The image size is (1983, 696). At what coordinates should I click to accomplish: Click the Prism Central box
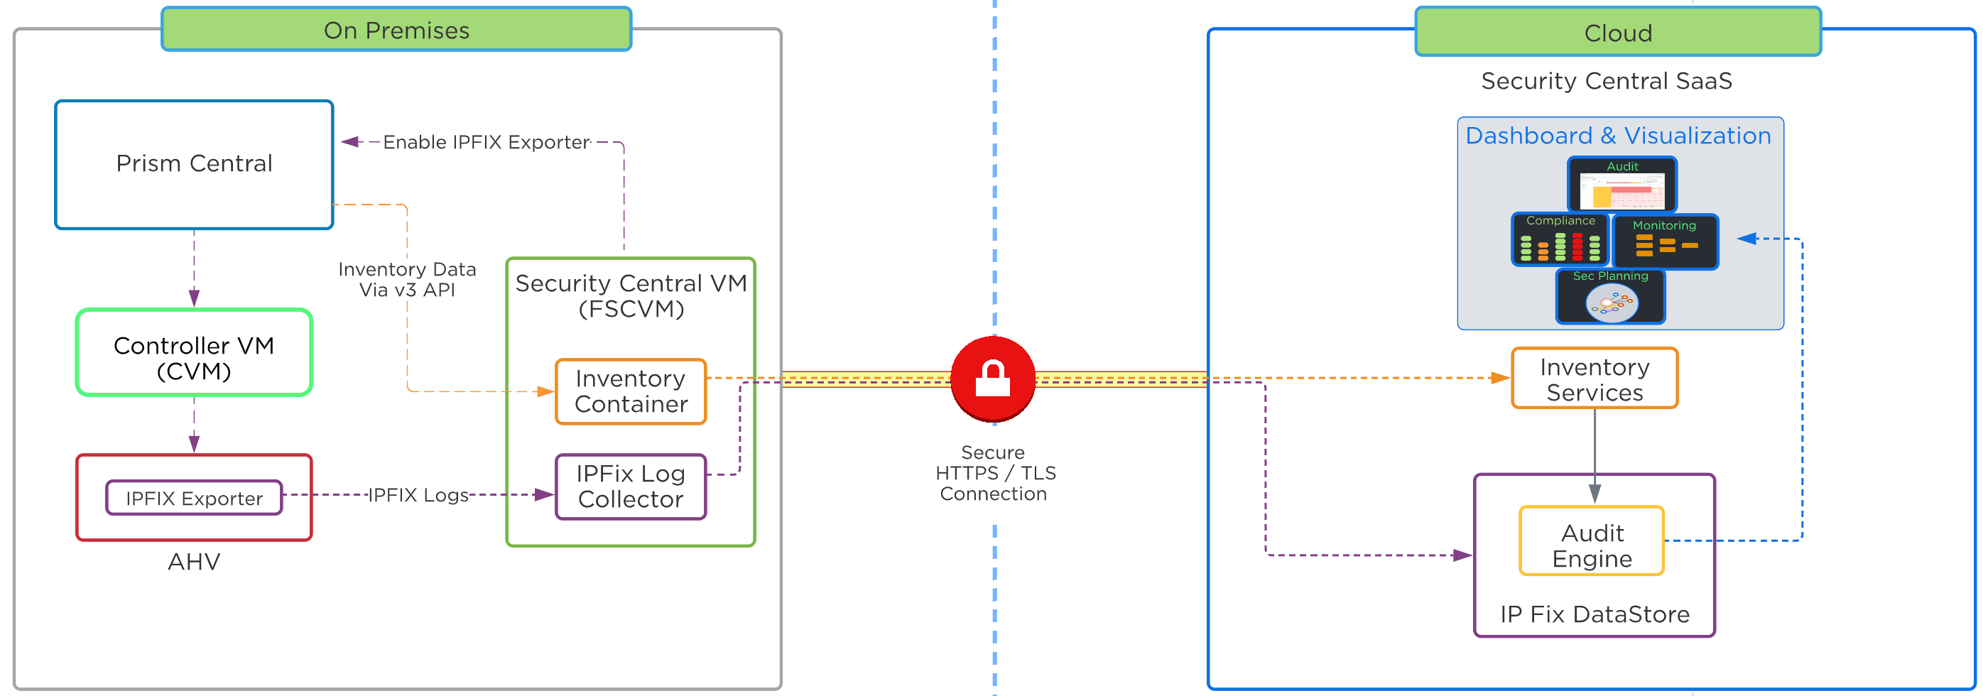point(194,164)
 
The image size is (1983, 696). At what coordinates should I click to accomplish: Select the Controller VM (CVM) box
point(194,354)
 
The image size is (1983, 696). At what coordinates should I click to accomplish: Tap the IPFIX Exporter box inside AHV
point(194,498)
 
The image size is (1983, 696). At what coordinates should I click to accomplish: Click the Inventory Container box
point(631,391)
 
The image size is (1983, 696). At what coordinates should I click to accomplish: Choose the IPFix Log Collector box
point(631,486)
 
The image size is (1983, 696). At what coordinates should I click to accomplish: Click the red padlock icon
point(992,378)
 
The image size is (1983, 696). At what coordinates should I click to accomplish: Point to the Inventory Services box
point(1594,379)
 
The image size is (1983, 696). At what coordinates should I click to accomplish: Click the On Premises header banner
point(396,30)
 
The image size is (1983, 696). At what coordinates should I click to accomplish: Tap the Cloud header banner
point(1618,33)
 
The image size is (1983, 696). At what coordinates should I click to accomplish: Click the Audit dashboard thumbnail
point(1622,185)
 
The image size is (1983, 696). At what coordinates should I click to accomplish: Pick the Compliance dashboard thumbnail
point(1560,240)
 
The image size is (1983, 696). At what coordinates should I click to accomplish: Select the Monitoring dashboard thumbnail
point(1665,241)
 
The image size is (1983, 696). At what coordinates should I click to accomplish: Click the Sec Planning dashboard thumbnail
point(1610,296)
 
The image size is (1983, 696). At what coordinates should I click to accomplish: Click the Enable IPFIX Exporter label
point(487,143)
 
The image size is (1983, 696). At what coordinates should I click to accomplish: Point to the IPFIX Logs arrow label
point(418,495)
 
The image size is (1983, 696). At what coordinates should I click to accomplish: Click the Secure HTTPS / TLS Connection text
point(994,473)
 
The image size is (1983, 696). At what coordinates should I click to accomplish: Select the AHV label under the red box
point(194,561)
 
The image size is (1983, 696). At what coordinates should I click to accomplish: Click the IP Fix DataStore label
point(1594,614)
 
